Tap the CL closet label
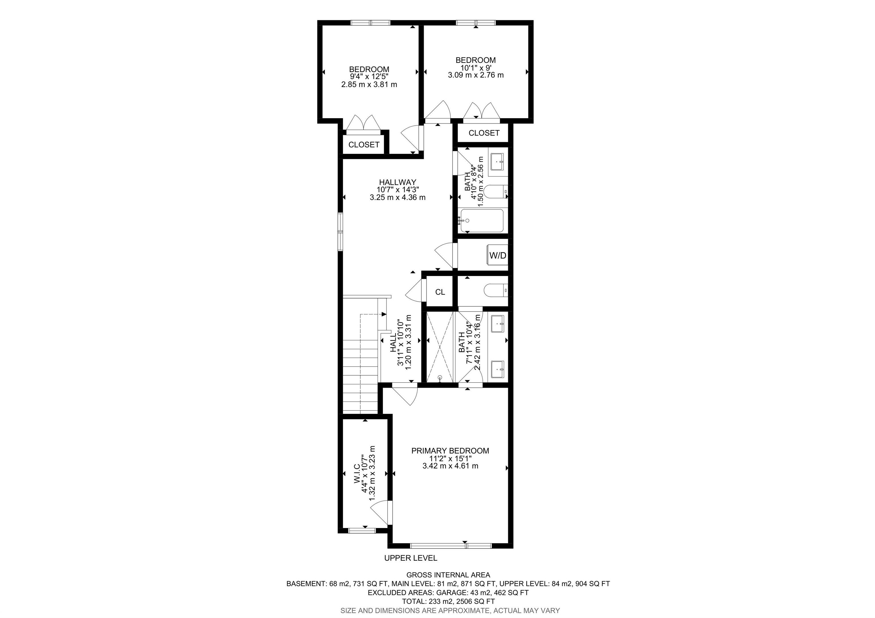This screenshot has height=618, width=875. [440, 292]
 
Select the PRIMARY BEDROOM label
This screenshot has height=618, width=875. [450, 451]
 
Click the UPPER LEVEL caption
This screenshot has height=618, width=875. [410, 558]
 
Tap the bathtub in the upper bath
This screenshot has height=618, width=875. [482, 221]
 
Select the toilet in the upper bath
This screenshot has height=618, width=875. [495, 192]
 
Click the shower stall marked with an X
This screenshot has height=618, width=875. [440, 347]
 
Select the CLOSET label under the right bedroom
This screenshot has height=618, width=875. [484, 133]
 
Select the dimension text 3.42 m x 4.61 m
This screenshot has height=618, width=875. [450, 466]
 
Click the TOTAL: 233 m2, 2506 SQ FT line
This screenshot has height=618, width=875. [448, 601]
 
